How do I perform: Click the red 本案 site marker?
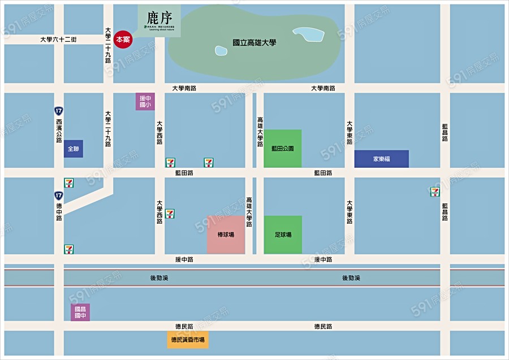123,40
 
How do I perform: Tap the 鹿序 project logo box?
159,21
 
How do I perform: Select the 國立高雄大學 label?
255,42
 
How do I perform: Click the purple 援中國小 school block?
145,102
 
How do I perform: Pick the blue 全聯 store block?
74,149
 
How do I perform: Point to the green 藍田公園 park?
282,149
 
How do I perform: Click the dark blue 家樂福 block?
381,159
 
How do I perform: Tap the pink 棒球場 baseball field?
226,235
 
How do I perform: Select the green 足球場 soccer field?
283,235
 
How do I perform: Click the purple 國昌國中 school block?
80,312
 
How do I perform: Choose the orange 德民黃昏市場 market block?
188,340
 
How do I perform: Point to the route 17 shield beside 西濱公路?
59,110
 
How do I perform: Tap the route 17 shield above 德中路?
59,195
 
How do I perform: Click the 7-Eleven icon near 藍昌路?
435,192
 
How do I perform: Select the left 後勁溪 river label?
160,278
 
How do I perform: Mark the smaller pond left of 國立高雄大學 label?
221,51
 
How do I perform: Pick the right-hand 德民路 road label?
323,327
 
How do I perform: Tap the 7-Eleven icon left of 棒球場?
170,214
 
